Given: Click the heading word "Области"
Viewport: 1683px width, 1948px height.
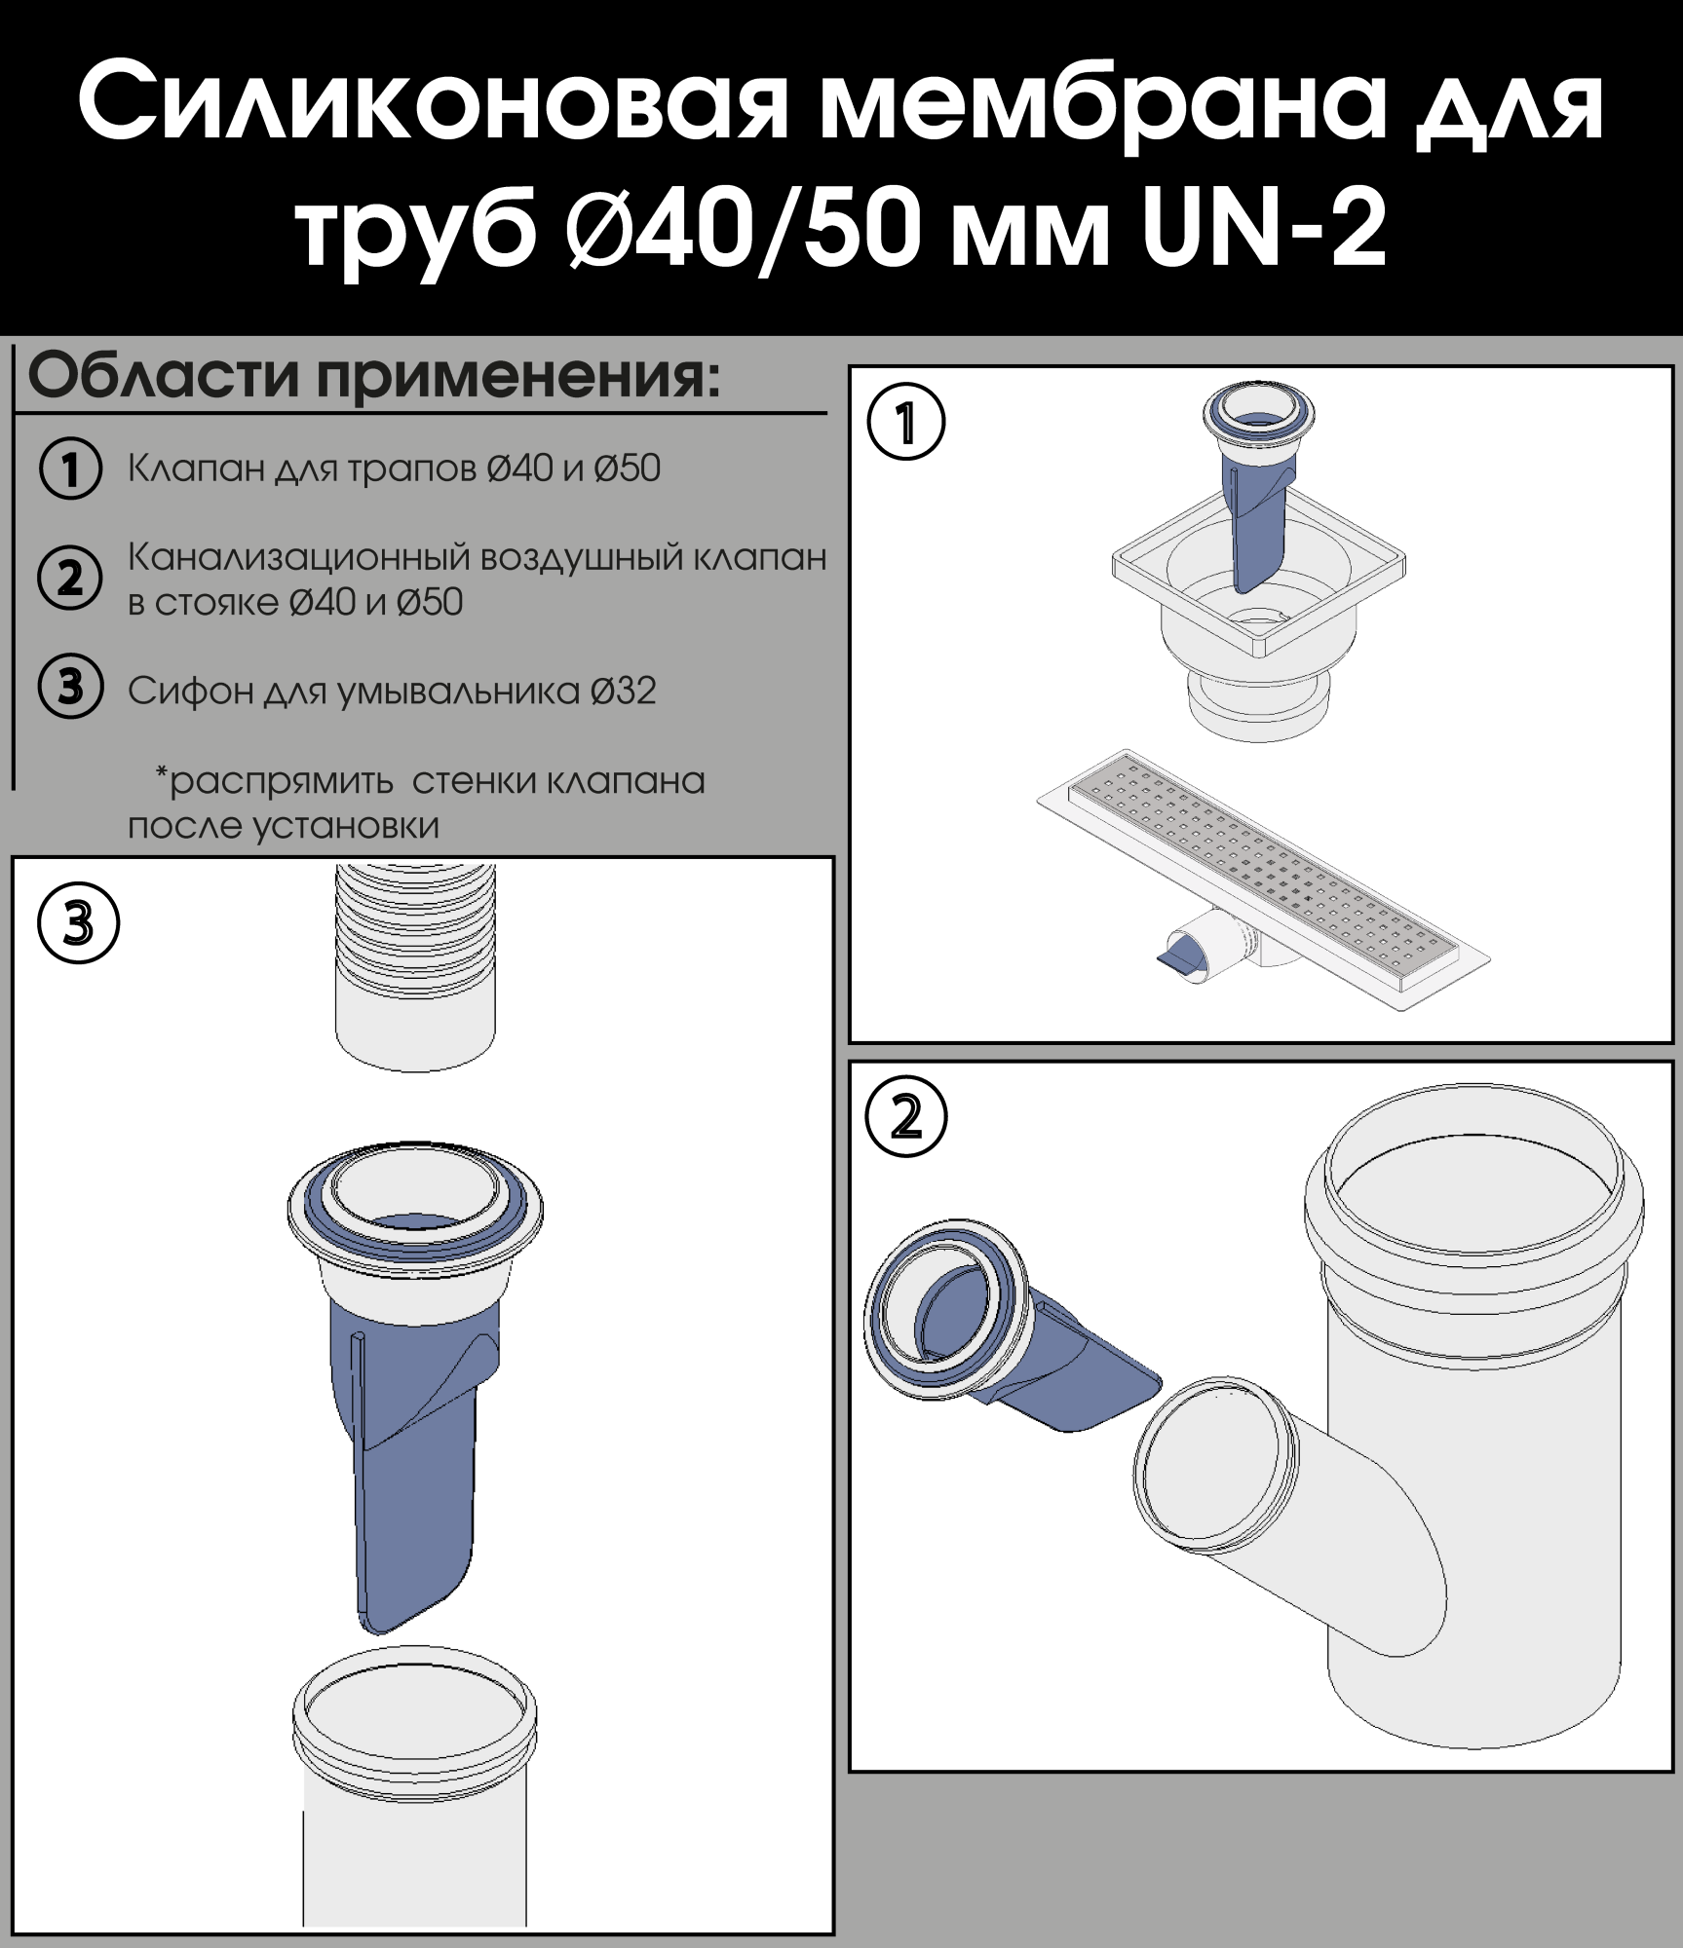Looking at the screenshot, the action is tap(163, 376).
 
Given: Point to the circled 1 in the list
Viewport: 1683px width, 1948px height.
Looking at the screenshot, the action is tap(70, 468).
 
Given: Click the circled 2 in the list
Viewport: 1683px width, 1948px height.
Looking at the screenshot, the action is tap(70, 578).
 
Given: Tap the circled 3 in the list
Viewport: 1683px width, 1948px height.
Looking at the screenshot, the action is tap(70, 687).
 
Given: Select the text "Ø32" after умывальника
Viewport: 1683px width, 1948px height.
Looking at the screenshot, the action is tap(623, 691).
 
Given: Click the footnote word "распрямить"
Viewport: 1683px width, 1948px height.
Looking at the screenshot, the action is tap(282, 782).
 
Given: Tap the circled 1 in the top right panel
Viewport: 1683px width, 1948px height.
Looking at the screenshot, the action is tap(906, 422).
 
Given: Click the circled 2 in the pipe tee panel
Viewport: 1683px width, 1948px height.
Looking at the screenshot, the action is tap(906, 1117).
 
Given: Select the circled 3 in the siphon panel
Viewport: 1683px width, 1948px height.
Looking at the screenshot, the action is tap(78, 923).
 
